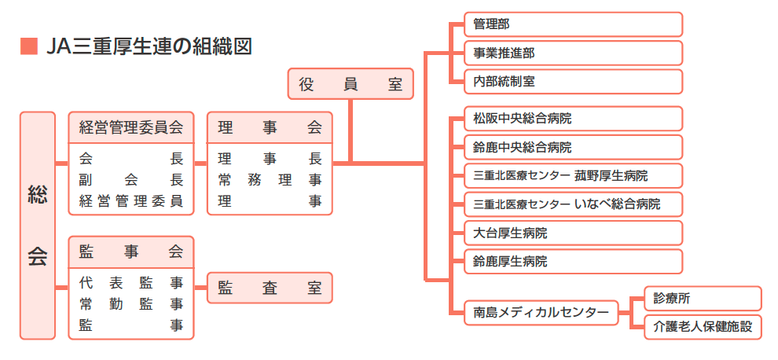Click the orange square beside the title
pyautogui.click(x=28, y=46)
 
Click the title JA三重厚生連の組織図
pyautogui.click(x=149, y=46)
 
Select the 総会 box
pyautogui.click(x=38, y=225)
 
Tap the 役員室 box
pyautogui.click(x=350, y=83)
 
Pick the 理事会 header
pyautogui.click(x=270, y=127)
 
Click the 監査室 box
pyautogui.click(x=270, y=288)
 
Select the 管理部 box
pyautogui.click(x=572, y=24)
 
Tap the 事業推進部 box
pyautogui.click(x=572, y=53)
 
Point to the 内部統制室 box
pyautogui.click(x=572, y=81)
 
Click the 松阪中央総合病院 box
pyautogui.click(x=572, y=119)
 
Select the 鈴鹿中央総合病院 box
pyautogui.click(x=572, y=147)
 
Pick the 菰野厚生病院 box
pyautogui.click(x=572, y=175)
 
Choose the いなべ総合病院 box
pyautogui.click(x=572, y=204)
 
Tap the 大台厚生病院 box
pyautogui.click(x=572, y=233)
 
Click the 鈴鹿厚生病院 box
pyautogui.click(x=572, y=261)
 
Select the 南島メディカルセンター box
pyautogui.click(x=541, y=312)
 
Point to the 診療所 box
pyautogui.click(x=703, y=298)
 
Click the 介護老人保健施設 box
pyautogui.click(x=703, y=326)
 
